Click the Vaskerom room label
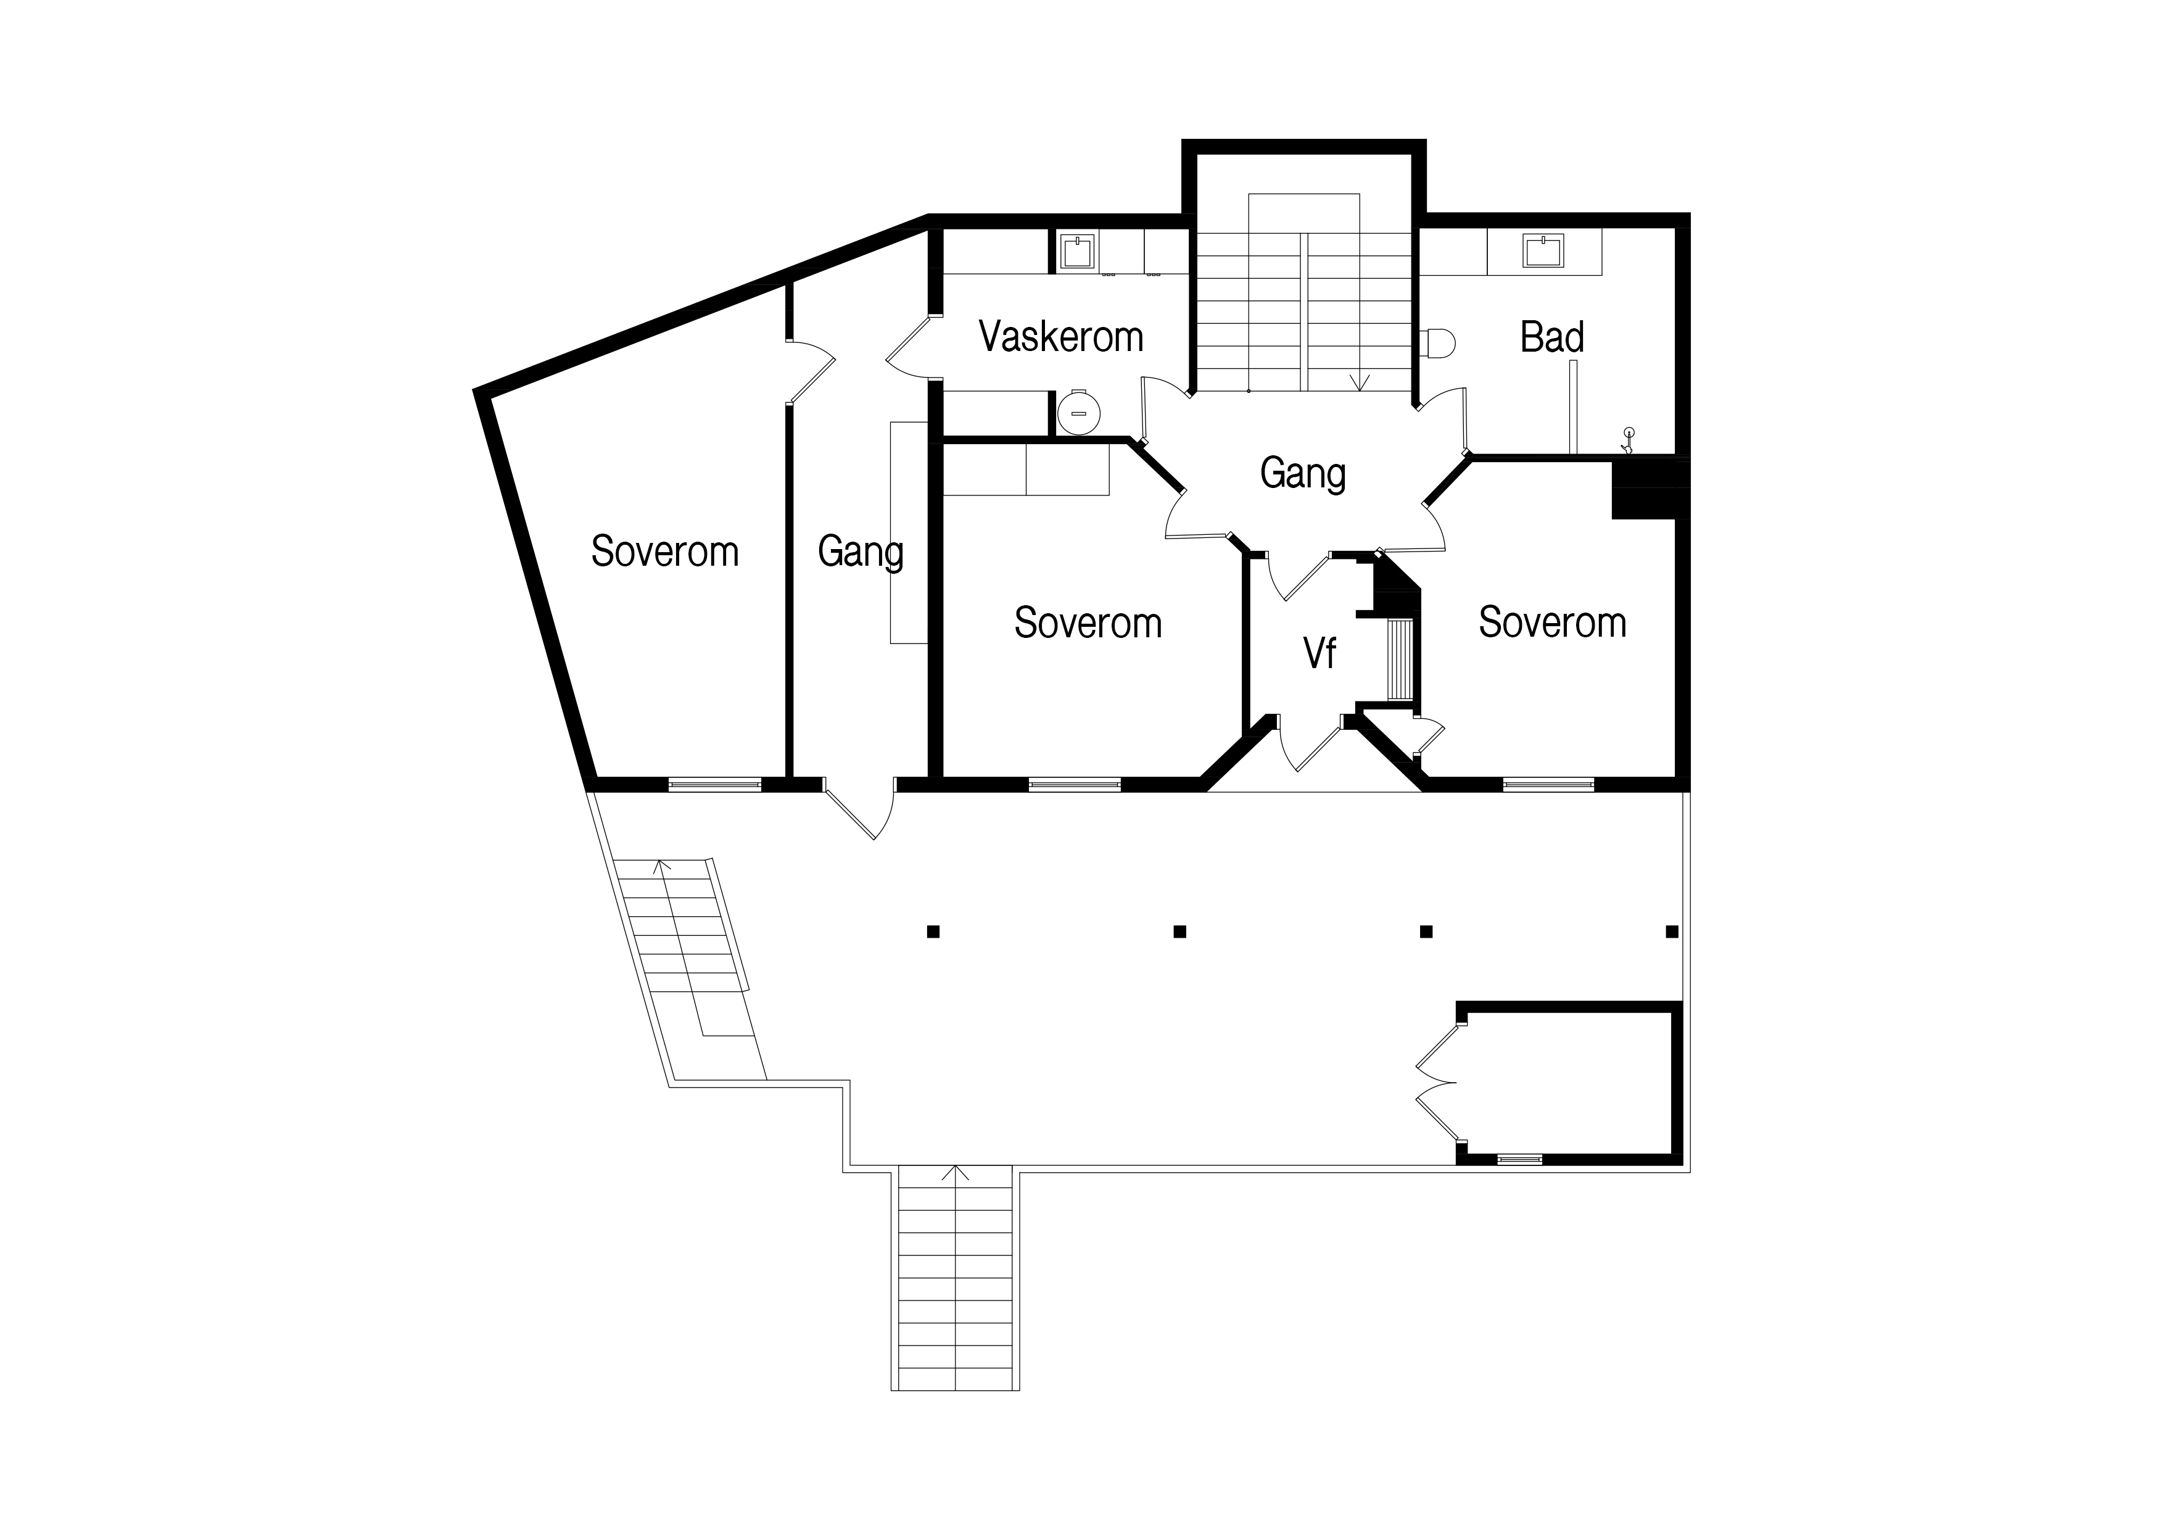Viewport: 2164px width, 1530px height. point(1061,337)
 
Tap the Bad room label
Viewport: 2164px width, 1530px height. point(1551,337)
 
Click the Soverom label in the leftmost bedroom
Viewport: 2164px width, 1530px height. point(664,552)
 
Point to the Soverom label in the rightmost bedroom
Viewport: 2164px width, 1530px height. point(1552,622)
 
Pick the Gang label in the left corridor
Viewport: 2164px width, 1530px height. point(861,552)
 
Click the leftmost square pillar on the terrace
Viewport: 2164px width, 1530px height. point(933,932)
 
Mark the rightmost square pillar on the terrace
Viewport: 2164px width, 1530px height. point(1672,932)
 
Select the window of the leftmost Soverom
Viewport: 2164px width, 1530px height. point(714,784)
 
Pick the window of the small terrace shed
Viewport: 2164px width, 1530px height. point(1519,1159)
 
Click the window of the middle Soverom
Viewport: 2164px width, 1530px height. point(1075,784)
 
